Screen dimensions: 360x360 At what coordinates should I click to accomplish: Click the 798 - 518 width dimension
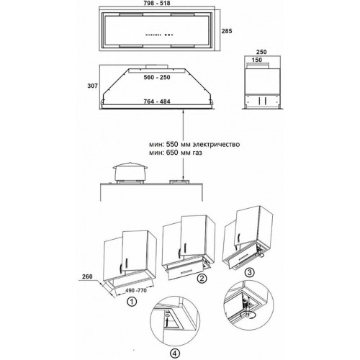point(157,3)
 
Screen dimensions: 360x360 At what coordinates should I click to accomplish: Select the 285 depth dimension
point(227,31)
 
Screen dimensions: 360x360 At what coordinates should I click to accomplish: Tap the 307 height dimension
point(92,86)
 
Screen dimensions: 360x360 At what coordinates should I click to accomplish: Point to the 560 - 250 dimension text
point(157,77)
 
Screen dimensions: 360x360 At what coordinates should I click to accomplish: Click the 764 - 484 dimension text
point(157,102)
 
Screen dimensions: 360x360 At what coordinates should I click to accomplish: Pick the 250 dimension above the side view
point(261,52)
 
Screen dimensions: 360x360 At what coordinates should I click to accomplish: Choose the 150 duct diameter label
point(257,60)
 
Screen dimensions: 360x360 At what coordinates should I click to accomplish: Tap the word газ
point(197,153)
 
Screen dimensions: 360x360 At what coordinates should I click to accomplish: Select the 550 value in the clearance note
point(173,145)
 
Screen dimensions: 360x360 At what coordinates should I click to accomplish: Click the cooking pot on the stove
point(130,171)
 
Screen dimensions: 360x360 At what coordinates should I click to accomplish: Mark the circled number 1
point(132,302)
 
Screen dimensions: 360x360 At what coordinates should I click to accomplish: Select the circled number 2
point(202,279)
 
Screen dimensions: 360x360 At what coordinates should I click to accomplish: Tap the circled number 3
point(250,272)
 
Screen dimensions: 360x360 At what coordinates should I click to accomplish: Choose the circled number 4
point(174,353)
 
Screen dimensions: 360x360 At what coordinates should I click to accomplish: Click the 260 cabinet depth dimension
point(87,276)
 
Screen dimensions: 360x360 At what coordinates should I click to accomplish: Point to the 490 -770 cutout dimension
point(136,290)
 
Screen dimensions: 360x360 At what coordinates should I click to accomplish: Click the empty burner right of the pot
point(179,181)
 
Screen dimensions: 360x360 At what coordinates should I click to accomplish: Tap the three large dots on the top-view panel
point(168,35)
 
